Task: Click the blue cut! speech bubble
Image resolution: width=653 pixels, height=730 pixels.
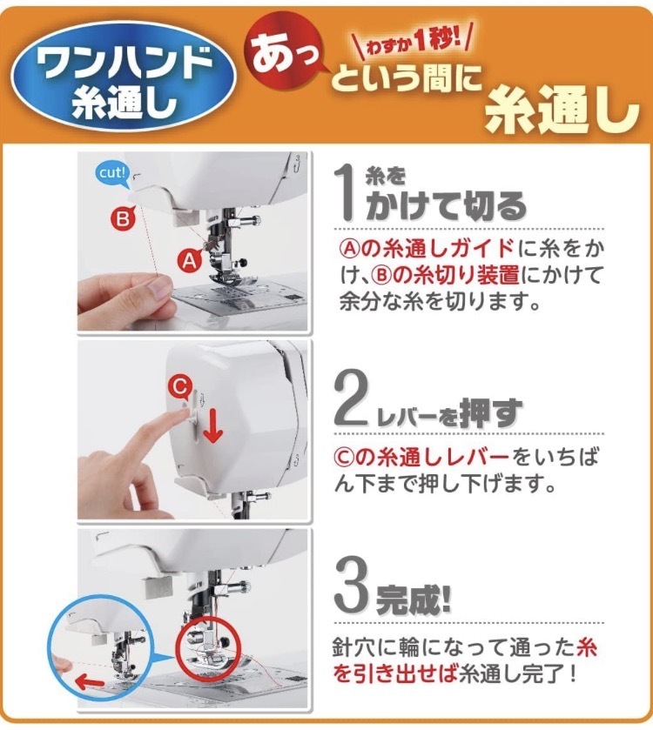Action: [112, 174]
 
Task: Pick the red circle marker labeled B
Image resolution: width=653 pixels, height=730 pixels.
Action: [123, 218]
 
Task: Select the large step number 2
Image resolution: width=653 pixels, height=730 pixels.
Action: [353, 397]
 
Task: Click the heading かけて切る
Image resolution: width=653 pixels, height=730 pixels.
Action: [446, 206]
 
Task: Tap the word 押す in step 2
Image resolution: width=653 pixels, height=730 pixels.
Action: [490, 412]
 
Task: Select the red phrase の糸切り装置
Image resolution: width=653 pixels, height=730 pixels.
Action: [455, 275]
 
